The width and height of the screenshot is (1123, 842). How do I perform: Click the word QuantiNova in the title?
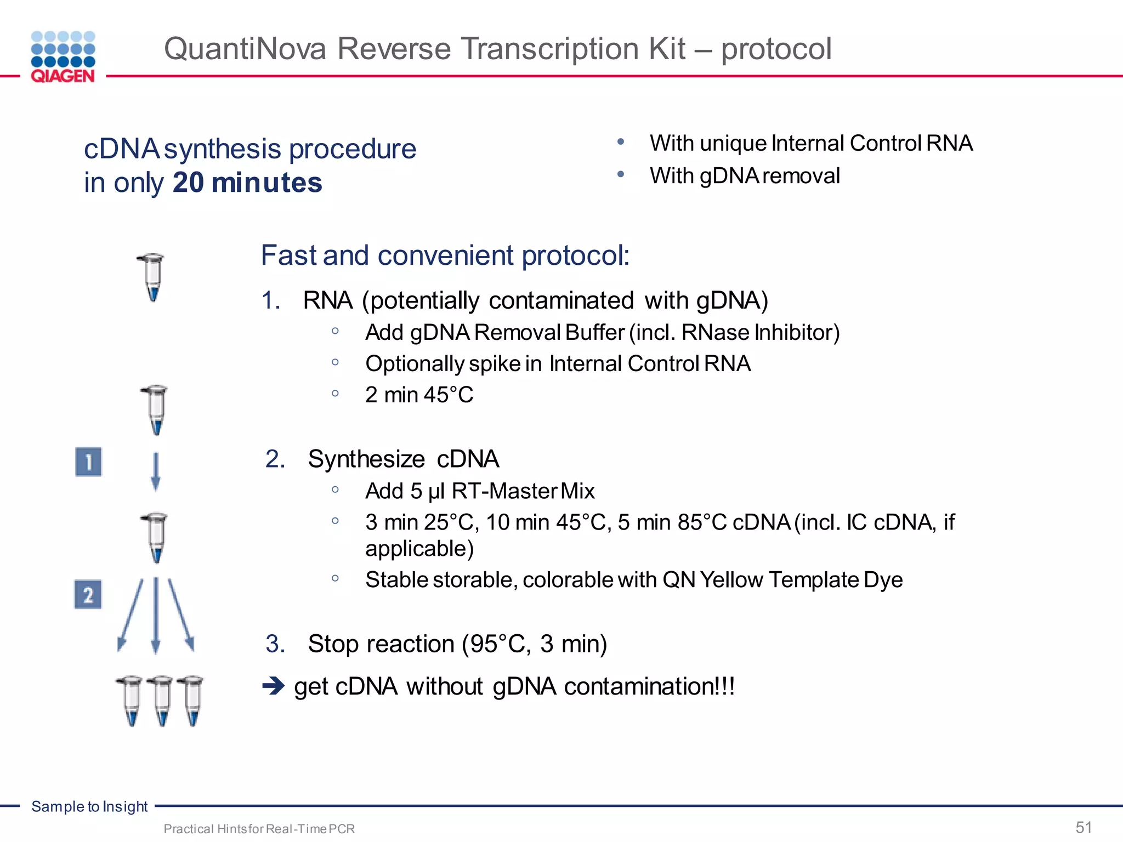245,49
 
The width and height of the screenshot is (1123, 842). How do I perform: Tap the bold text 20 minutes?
247,183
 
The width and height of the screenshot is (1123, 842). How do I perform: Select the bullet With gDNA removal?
744,176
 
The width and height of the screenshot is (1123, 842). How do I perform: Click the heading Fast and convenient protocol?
445,255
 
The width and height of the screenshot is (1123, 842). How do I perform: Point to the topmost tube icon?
152,277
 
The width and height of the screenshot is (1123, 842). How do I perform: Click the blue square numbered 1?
88,462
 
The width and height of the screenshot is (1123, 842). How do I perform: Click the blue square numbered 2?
88,595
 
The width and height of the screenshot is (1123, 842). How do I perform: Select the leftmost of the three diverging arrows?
131,614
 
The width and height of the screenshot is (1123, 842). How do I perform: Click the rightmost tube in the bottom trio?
191,701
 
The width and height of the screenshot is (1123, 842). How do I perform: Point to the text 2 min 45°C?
419,395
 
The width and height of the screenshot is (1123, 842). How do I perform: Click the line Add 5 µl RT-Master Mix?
480,491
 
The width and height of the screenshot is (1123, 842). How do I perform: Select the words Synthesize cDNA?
403,459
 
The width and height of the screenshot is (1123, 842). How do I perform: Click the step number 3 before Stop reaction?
275,644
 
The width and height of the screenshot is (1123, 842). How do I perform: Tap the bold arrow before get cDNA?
273,686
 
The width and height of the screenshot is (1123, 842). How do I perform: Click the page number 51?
1084,827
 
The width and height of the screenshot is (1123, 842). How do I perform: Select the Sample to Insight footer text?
89,806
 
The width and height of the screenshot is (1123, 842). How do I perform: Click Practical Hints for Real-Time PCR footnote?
259,829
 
